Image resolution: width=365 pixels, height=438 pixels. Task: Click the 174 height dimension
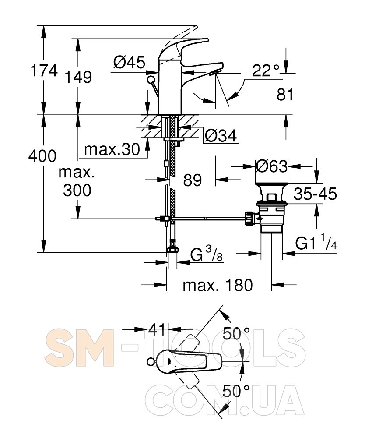pyautogui.click(x=44, y=71)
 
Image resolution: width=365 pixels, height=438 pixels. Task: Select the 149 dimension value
pyautogui.click(x=78, y=77)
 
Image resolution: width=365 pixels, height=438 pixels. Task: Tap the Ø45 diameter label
pyautogui.click(x=129, y=62)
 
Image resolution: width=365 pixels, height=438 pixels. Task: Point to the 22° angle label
pyautogui.click(x=266, y=71)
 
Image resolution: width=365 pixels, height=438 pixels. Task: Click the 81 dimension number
pyautogui.click(x=285, y=95)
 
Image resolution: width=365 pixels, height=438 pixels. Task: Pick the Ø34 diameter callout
pyautogui.click(x=221, y=136)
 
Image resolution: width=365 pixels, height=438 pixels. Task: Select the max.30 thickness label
pyautogui.click(x=112, y=149)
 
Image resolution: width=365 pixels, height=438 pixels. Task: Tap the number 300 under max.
pyautogui.click(x=77, y=191)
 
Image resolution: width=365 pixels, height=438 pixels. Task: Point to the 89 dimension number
pyautogui.click(x=193, y=180)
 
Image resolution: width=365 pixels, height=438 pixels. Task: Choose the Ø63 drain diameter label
pyautogui.click(x=271, y=166)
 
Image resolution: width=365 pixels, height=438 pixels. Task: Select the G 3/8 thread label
pyautogui.click(x=207, y=254)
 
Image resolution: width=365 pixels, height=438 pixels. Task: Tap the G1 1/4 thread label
pyautogui.click(x=316, y=242)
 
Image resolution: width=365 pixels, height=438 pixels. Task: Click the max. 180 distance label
pyautogui.click(x=218, y=285)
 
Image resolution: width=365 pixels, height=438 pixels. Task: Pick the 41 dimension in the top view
pyautogui.click(x=157, y=330)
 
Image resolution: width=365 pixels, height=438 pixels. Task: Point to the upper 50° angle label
pyautogui.click(x=236, y=333)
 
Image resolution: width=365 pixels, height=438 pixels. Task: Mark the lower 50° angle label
pyautogui.click(x=236, y=391)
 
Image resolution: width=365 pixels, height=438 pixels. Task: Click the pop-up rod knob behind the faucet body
pyautogui.click(x=151, y=79)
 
